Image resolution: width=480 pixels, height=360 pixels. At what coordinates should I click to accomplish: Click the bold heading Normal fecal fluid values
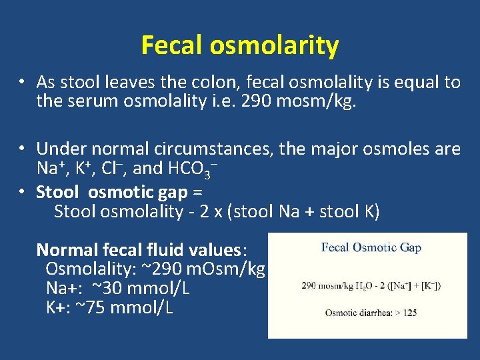click(x=141, y=250)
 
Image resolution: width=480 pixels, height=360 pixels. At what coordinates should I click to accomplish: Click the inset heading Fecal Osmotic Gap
click(x=371, y=247)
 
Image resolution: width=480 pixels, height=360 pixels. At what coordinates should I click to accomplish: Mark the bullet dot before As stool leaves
click(x=22, y=82)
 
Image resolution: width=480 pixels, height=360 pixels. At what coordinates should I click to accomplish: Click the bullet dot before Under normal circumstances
click(x=22, y=148)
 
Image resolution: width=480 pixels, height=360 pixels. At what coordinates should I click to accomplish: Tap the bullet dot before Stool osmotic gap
click(x=22, y=192)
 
